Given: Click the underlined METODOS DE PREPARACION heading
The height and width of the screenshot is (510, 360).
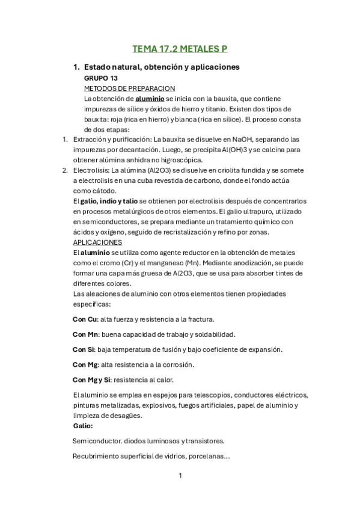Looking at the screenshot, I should [129, 88].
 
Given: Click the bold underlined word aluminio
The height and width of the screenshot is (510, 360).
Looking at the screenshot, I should [150, 98].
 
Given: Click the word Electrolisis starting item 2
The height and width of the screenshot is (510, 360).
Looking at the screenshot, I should [91, 170].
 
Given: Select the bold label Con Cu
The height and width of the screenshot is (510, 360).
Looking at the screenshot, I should [85, 319].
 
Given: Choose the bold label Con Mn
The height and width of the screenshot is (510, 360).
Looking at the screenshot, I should [86, 334].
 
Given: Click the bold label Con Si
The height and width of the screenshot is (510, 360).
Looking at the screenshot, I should [84, 349].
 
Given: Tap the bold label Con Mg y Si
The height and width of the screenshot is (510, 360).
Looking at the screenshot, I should [92, 379].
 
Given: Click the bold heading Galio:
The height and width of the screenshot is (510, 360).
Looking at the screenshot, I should [83, 425].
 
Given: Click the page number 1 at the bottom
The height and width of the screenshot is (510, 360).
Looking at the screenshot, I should [180, 476].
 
